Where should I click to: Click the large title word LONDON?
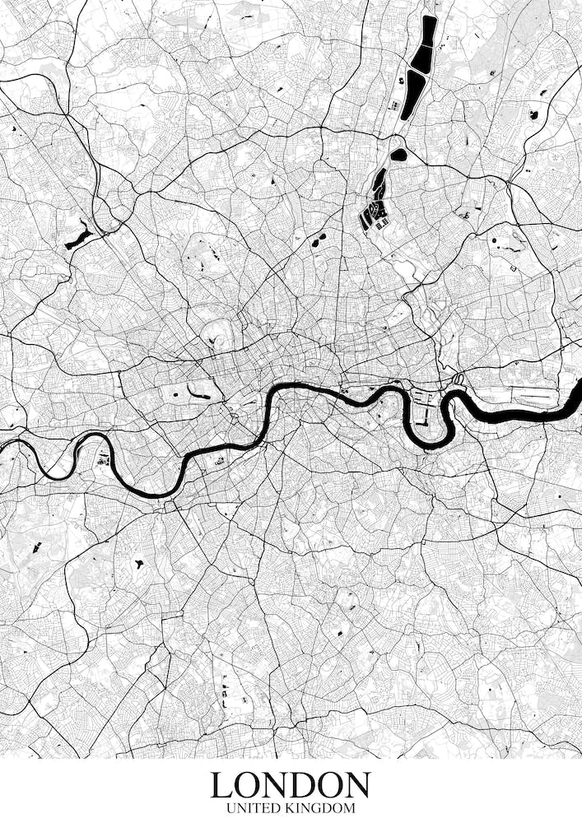point(291,784)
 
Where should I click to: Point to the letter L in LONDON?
point(221,784)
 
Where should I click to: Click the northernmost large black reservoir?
point(426,44)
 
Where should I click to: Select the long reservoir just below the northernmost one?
point(413,92)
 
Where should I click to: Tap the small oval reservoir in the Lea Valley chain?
point(398,154)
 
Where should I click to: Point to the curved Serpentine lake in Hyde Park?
point(198,393)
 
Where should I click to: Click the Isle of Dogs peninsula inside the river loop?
point(423,416)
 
